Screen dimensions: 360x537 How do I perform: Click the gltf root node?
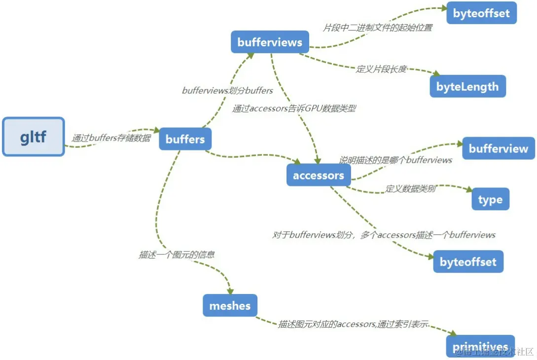pos(34,137)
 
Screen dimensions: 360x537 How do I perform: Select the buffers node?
pos(185,139)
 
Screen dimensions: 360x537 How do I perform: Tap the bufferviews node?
pos(270,42)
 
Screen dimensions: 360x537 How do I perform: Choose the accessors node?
pos(319,176)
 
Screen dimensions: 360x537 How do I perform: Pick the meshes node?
pos(230,306)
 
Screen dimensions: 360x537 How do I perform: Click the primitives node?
pos(480,347)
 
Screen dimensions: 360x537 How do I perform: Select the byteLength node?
pos(467,87)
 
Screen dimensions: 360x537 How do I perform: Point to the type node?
pos(490,200)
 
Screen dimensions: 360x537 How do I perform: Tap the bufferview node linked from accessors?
pos(498,148)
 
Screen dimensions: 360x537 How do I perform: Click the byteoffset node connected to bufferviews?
pos(481,13)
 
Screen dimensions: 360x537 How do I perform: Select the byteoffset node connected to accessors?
pos(468,262)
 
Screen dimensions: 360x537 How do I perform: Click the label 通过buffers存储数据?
pos(111,138)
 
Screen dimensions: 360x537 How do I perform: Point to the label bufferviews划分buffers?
pos(227,91)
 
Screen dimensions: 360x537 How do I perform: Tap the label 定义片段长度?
pos(382,69)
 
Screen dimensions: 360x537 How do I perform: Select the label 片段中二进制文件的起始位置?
pos(378,28)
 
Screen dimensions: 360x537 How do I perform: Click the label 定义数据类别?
pos(411,188)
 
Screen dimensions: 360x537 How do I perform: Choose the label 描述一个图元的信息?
pos(177,255)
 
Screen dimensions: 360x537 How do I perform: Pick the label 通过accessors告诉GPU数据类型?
pos(294,109)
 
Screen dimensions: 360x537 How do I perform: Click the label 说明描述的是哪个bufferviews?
pos(395,160)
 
